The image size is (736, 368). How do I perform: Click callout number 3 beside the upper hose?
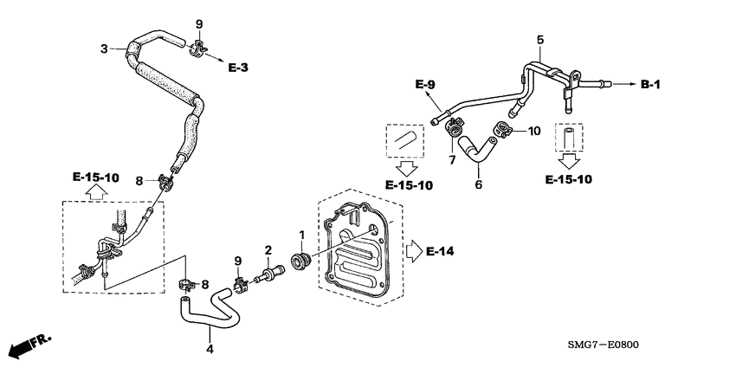pyautogui.click(x=103, y=48)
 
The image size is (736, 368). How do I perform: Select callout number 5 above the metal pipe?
pyautogui.click(x=540, y=40)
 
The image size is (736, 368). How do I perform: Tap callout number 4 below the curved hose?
pyautogui.click(x=209, y=349)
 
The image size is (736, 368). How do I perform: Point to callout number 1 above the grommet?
pyautogui.click(x=301, y=236)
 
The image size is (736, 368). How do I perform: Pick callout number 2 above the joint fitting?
pyautogui.click(x=268, y=249)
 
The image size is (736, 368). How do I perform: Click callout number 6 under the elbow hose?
pyautogui.click(x=476, y=184)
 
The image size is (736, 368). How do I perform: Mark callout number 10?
pyautogui.click(x=534, y=131)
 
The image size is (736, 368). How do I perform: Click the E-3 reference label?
pyautogui.click(x=239, y=66)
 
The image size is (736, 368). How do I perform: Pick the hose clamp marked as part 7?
pyautogui.click(x=452, y=131)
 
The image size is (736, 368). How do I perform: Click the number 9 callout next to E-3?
pyautogui.click(x=198, y=23)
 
